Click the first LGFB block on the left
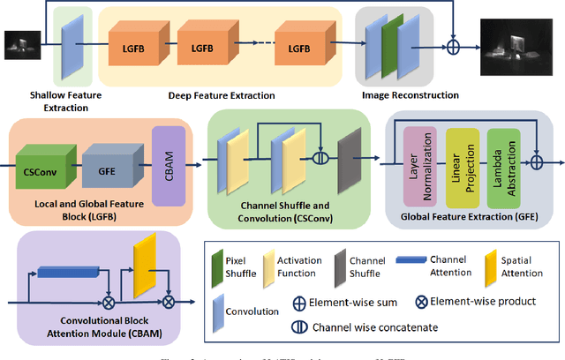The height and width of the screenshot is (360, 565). tap(135, 47)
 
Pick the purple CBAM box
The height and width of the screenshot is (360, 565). tap(168, 158)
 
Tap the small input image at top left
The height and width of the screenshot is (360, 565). tap(19, 44)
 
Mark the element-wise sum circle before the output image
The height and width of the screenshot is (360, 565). tap(454, 44)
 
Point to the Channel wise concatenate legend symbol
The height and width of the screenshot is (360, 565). tap(300, 324)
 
